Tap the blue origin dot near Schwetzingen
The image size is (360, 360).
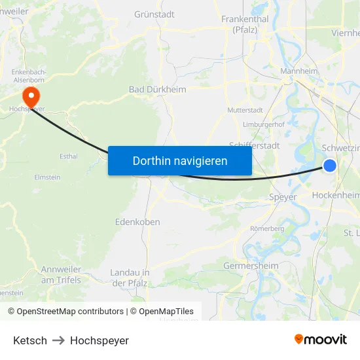point(330,166)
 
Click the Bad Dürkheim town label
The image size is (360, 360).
point(157,90)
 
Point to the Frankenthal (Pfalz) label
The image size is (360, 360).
point(245,24)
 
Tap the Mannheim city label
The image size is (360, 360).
point(298,71)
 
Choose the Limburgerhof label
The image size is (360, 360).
point(263,124)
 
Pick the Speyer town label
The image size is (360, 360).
point(283,196)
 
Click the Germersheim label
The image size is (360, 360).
point(251,266)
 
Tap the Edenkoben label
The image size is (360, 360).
point(137,222)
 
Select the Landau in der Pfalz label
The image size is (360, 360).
point(130,278)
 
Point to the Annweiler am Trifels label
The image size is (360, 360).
point(61,274)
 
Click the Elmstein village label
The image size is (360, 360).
point(47,177)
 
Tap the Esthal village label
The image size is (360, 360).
point(68,156)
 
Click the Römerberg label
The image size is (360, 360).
point(267,228)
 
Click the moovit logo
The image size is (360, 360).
point(320,340)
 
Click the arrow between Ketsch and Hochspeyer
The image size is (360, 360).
point(58,340)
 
